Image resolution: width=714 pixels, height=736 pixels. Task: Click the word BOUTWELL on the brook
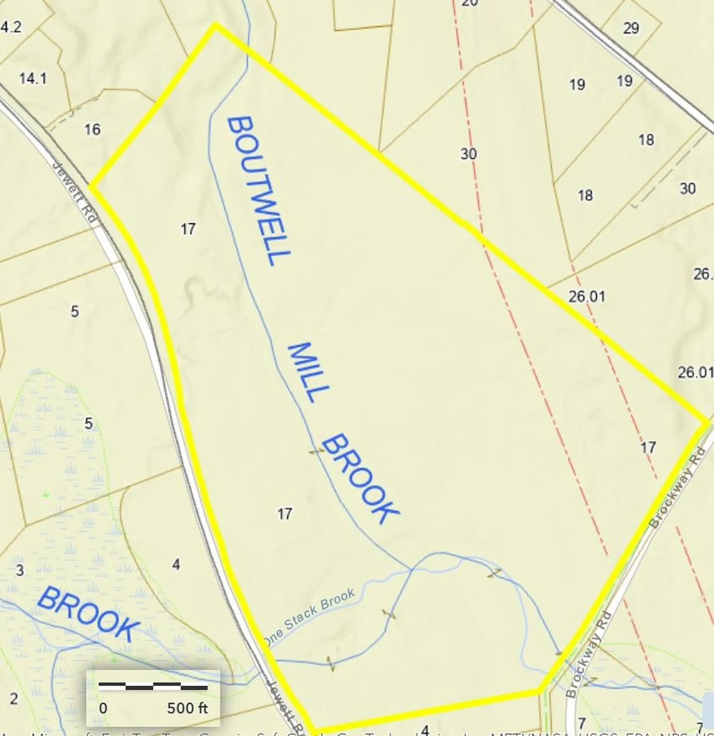pyautogui.click(x=258, y=191)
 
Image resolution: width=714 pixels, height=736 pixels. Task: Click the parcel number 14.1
pyautogui.click(x=33, y=79)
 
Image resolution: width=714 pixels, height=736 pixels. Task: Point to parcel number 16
pyautogui.click(x=92, y=130)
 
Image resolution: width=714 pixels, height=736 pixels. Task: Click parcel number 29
pyautogui.click(x=631, y=28)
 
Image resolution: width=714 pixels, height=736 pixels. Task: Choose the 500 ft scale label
pyautogui.click(x=187, y=708)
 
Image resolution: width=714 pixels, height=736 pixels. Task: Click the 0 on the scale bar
pyautogui.click(x=103, y=708)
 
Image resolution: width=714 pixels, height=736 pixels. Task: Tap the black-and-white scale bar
pyautogui.click(x=153, y=686)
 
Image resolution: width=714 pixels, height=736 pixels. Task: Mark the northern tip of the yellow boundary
pyautogui.click(x=216, y=25)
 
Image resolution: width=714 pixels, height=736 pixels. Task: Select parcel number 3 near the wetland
pyautogui.click(x=20, y=570)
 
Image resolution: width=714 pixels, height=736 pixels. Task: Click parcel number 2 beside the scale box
pyautogui.click(x=14, y=699)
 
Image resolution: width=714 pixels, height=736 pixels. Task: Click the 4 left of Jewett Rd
pyautogui.click(x=176, y=564)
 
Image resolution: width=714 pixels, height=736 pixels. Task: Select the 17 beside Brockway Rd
pyautogui.click(x=648, y=447)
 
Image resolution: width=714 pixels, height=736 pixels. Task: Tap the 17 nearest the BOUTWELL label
pyautogui.click(x=188, y=229)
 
